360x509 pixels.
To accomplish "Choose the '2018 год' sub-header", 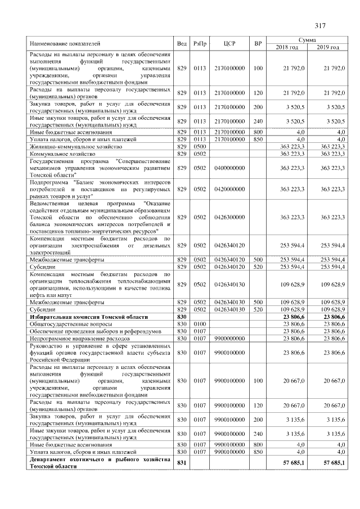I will [287, 47].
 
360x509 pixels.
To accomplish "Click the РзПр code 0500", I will [200, 146].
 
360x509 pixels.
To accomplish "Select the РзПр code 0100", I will [200, 324].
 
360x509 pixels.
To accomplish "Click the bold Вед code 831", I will [182, 462].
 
